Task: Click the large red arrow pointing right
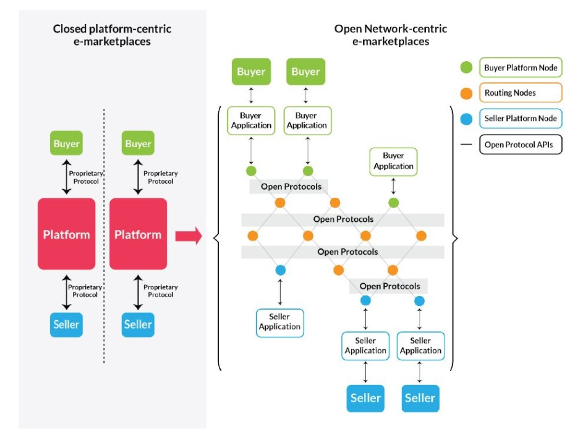pos(189,235)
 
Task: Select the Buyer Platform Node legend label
pos(521,67)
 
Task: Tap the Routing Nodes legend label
pos(521,93)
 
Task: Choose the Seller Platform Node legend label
pos(521,119)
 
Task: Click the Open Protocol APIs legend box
pos(521,145)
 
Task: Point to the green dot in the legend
pos(466,67)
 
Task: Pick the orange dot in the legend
pos(466,93)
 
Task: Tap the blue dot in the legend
pos(466,119)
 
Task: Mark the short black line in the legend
pos(466,144)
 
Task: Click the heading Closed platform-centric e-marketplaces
pos(112,35)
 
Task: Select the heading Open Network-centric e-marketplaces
pos(390,35)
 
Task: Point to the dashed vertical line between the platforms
pos(104,235)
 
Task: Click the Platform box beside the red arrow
pos(138,234)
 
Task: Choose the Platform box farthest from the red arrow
pos(67,234)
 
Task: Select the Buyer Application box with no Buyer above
pos(393,162)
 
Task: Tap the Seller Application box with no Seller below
pos(280,323)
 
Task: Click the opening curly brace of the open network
pos(218,238)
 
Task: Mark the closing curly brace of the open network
pos(454,238)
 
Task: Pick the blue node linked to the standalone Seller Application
pos(280,270)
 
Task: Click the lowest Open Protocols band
pos(388,286)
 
